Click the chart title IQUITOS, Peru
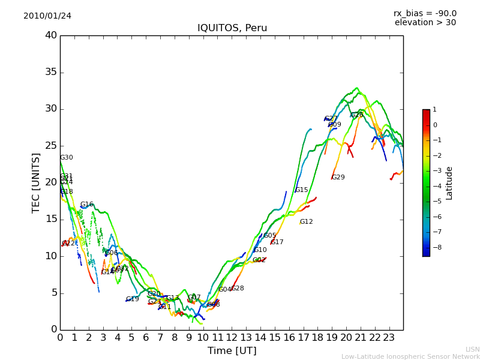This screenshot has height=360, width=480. tap(232, 28)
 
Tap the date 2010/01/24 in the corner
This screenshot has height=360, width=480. tap(47, 16)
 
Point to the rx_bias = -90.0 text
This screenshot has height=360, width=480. tap(425, 13)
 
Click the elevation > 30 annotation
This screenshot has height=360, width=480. tap(425, 23)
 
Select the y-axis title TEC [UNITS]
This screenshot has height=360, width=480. tap(36, 182)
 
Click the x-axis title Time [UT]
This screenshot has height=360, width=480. tap(232, 350)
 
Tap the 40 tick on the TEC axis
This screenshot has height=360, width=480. tap(51, 35)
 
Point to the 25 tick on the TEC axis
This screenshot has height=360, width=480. tap(51, 146)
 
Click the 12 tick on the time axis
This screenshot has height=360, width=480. tap(232, 337)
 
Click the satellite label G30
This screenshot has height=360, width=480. tap(66, 158)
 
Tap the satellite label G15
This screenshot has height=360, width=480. tap(301, 190)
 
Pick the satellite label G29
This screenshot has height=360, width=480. tap(338, 178)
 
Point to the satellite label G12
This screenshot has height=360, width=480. tap(306, 222)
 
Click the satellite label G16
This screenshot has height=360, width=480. tap(86, 205)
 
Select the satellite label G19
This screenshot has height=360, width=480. tap(132, 299)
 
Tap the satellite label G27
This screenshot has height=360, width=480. tap(331, 119)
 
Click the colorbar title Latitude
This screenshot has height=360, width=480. tap(449, 183)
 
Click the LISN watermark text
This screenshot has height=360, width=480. tap(473, 349)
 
